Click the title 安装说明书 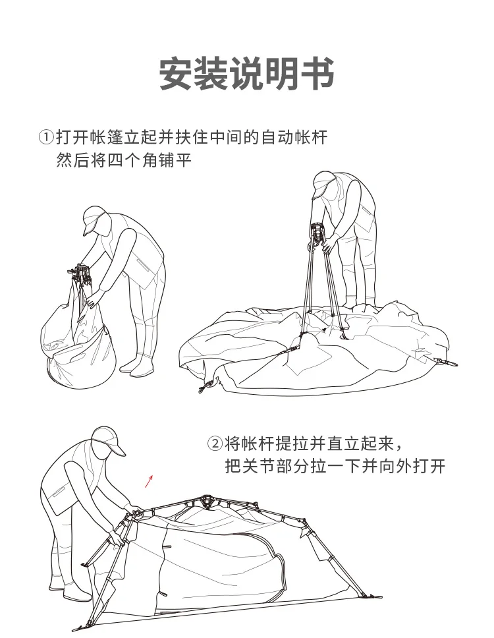[247, 74]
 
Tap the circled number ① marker [45, 137]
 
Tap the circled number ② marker [215, 443]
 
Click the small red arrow [149, 480]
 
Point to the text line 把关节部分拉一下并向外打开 [335, 467]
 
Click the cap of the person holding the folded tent [94, 219]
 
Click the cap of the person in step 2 [108, 440]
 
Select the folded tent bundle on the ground [78, 343]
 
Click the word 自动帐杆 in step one [291, 137]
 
